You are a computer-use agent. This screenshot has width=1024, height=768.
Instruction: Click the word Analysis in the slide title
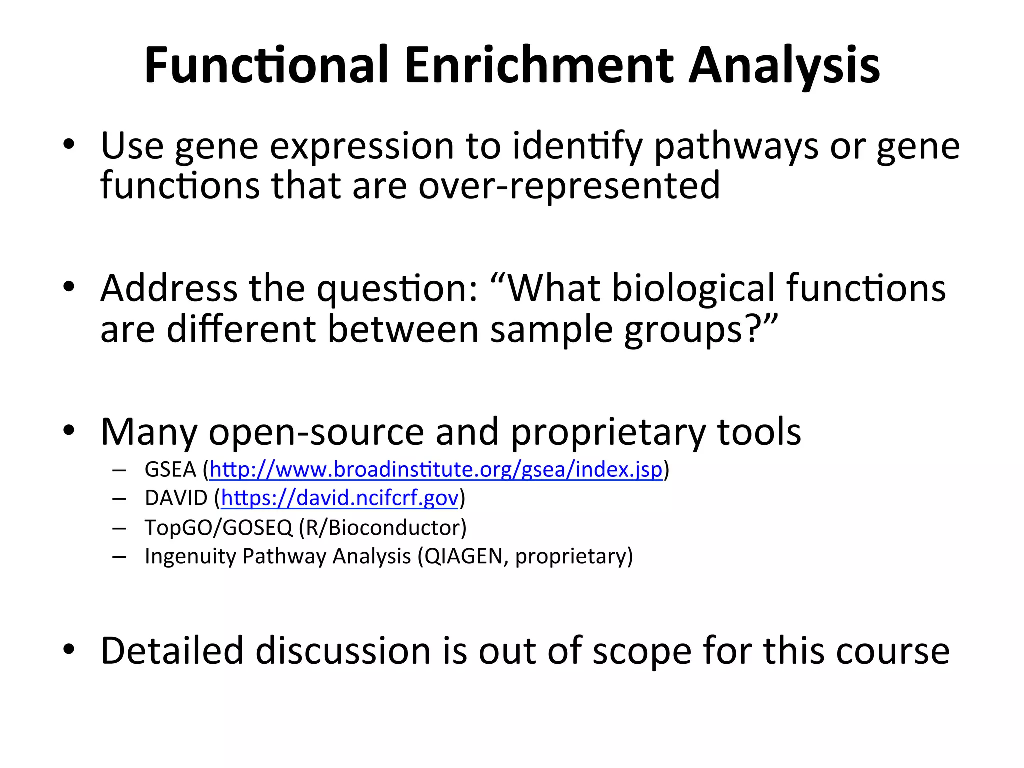point(784,66)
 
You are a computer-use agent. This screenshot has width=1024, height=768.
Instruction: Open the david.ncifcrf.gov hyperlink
point(340,498)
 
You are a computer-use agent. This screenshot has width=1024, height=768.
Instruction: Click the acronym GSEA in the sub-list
point(170,470)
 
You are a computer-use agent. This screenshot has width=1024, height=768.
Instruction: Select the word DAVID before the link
point(176,498)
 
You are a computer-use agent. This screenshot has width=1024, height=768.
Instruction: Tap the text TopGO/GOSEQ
point(218,528)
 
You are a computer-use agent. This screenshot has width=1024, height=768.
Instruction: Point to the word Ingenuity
point(190,556)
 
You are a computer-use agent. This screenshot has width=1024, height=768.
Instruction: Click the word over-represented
point(569,186)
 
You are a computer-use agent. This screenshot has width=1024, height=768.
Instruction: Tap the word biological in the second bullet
point(693,289)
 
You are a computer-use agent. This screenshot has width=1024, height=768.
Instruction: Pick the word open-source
point(316,432)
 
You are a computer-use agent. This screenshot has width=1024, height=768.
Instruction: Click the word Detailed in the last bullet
point(172,651)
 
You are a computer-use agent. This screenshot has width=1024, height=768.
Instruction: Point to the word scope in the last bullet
point(642,651)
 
